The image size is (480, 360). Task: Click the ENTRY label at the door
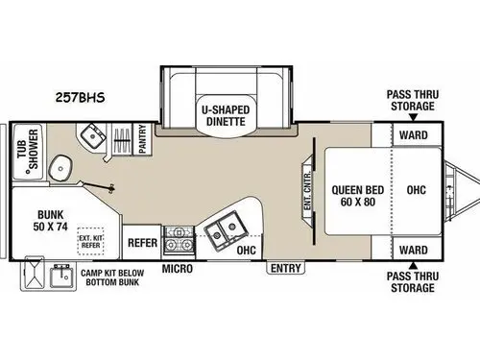point(285,268)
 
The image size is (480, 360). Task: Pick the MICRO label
point(177,268)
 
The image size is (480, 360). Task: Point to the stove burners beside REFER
point(178,240)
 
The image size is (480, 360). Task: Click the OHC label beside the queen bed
point(417,190)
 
